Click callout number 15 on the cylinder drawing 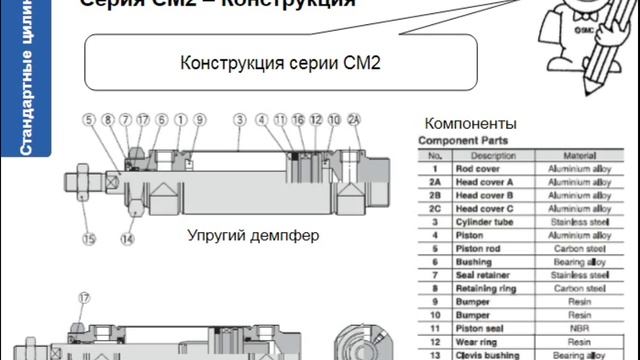[88, 240]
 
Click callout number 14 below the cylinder [127, 240]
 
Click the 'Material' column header [578, 156]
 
